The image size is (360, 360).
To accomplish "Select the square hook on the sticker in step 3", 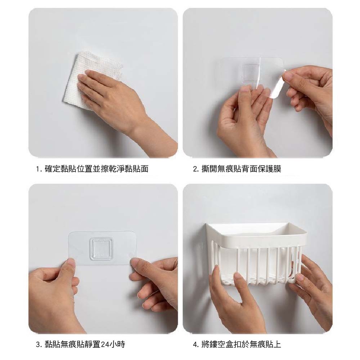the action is coord(101,249).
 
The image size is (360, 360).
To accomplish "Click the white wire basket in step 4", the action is coord(256,255).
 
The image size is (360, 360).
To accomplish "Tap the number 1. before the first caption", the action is coord(39,169).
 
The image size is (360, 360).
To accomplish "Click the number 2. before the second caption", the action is coord(195,169).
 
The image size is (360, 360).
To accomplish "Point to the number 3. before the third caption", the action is coord(39,345).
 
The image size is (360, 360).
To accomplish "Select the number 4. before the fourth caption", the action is coord(195,345).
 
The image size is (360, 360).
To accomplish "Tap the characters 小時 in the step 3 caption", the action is coord(117,345).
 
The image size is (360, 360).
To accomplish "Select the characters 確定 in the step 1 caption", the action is coord(53,169).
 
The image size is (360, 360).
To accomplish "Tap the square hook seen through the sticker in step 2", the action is coord(249,73).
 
